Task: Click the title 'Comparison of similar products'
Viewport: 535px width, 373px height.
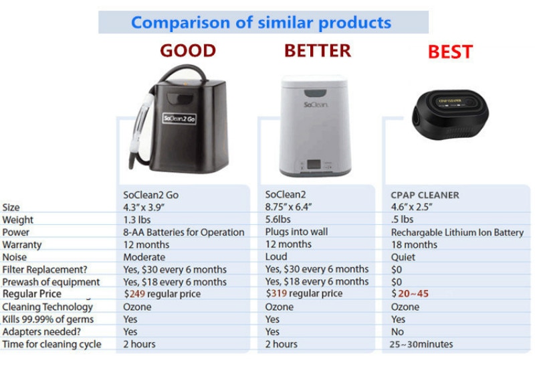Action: tap(261, 23)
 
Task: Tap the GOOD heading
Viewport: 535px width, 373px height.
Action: tap(188, 50)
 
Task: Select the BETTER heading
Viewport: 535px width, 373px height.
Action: tap(317, 50)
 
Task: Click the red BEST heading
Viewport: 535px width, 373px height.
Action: tap(450, 52)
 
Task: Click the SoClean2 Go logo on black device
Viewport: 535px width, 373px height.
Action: tap(179, 119)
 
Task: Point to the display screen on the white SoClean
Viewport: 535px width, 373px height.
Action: tap(314, 165)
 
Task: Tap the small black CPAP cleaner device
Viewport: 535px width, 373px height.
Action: tap(450, 115)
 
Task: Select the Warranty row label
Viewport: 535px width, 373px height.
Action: tap(22, 244)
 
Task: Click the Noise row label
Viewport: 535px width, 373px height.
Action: tap(14, 257)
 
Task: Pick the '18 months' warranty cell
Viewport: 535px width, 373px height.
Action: tap(414, 244)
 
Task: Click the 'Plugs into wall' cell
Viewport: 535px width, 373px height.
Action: tap(296, 232)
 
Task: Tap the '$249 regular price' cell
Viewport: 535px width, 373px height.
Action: tap(162, 294)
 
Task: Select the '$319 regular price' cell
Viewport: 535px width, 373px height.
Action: tap(304, 293)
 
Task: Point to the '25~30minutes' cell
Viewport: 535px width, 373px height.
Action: tap(421, 344)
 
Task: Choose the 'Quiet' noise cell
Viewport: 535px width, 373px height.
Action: tap(403, 257)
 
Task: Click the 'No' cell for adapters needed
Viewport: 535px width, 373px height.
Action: tap(397, 331)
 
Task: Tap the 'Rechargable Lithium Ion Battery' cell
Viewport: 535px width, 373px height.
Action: tap(457, 232)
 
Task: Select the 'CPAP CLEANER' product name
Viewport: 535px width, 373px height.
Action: tap(425, 195)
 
